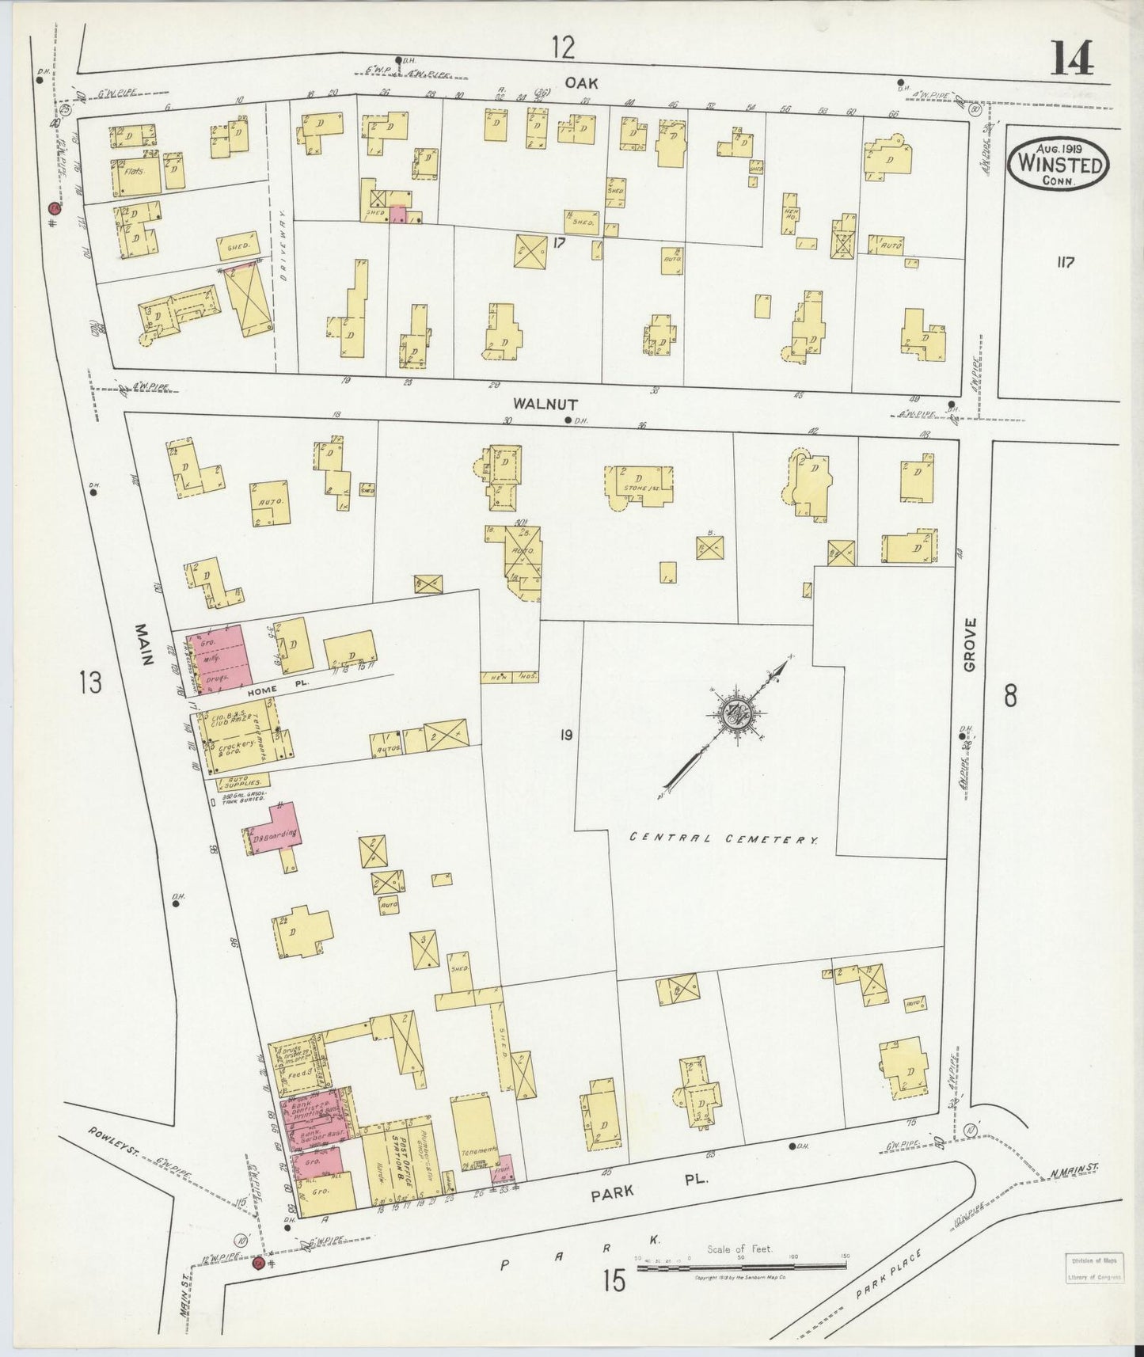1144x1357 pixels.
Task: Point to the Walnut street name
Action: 539,403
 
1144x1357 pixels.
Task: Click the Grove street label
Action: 972,645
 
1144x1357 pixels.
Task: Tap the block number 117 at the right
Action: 1065,263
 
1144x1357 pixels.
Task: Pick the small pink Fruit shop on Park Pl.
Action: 504,1169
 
